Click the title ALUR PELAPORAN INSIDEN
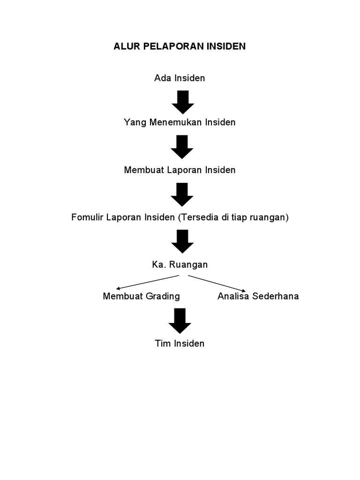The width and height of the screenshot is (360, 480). [x=180, y=47]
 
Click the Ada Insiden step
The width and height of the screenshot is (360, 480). [x=180, y=78]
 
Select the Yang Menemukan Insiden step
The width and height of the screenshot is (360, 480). [x=180, y=122]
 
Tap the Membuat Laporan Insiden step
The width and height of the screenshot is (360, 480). [x=180, y=170]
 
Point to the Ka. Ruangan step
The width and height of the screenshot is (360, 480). [x=180, y=265]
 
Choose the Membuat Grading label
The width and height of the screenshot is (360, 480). [x=141, y=296]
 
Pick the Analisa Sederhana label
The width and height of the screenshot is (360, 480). [x=258, y=296]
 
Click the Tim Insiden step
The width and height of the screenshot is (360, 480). [x=180, y=344]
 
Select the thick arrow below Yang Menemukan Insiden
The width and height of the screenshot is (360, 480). [x=182, y=147]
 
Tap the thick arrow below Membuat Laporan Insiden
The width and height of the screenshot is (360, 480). [x=182, y=195]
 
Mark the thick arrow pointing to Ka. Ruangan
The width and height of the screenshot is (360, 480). [x=182, y=241]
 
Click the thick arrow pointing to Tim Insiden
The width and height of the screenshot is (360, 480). [x=180, y=321]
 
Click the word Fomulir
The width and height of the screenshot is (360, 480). [x=87, y=217]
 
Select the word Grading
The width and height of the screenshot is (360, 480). [x=162, y=296]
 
